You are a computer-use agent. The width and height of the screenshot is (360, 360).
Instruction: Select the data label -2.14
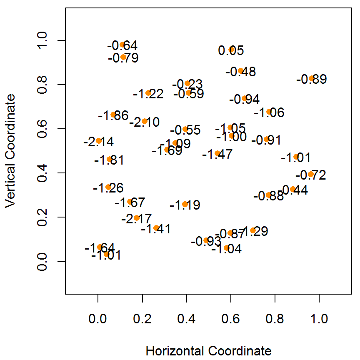tap(98, 142)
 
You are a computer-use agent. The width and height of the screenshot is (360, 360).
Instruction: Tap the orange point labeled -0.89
tap(311, 78)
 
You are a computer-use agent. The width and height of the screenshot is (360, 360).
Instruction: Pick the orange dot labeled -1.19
tap(185, 204)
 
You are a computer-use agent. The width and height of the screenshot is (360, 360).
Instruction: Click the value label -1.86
tap(113, 116)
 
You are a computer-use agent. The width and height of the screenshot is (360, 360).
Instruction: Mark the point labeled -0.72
tap(310, 174)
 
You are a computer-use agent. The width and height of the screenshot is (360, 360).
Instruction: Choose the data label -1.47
tap(217, 155)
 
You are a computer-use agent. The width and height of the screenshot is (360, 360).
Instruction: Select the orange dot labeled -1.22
tap(148, 93)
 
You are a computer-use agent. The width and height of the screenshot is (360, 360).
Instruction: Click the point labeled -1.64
tap(100, 247)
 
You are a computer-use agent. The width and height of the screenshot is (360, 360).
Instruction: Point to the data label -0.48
tap(241, 72)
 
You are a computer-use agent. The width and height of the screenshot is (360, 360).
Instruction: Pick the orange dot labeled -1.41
tap(156, 228)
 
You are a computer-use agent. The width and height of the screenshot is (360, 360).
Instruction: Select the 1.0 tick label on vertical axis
tap(42, 40)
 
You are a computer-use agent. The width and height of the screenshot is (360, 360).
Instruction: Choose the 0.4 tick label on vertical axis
tap(42, 173)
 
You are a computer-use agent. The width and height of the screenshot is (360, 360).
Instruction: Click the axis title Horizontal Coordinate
tap(208, 351)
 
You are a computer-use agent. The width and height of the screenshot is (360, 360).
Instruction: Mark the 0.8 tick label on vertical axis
tap(42, 85)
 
